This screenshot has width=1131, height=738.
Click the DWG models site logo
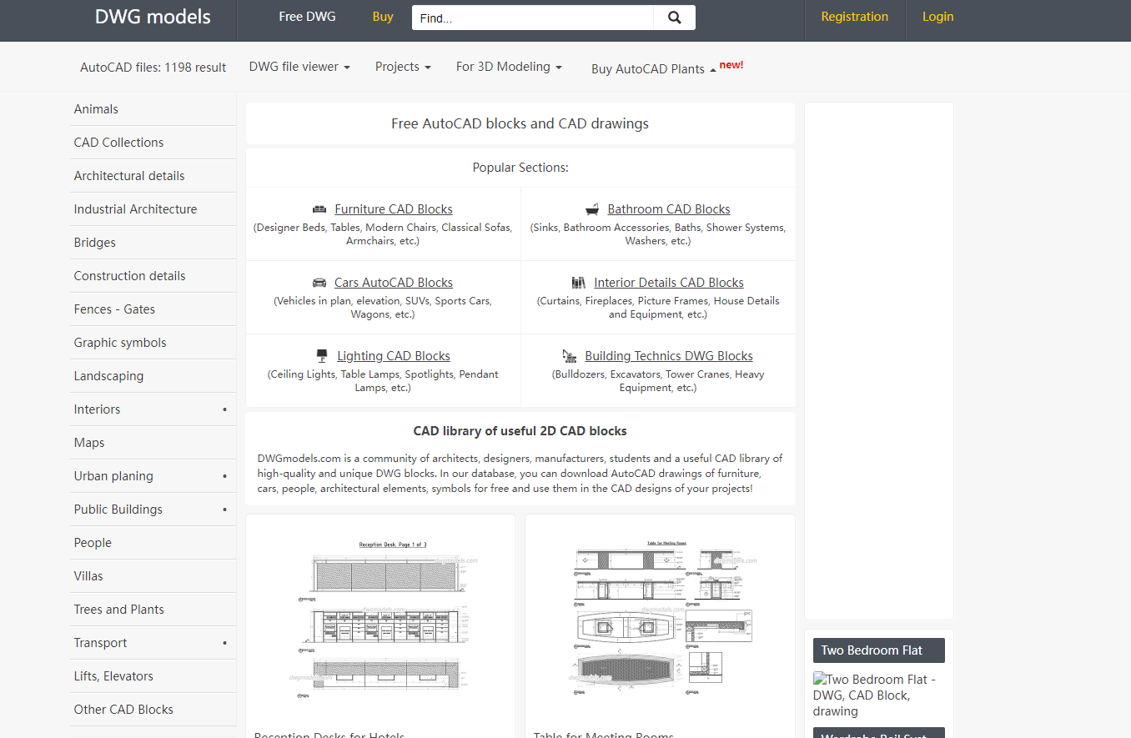click(x=153, y=18)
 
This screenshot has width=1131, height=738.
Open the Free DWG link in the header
click(x=307, y=17)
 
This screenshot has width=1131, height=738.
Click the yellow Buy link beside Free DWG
click(x=383, y=17)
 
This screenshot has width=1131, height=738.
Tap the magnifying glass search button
click(x=674, y=18)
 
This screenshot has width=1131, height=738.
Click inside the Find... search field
click(x=532, y=18)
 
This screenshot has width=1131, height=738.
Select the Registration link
click(x=854, y=17)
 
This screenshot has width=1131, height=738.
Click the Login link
click(x=937, y=17)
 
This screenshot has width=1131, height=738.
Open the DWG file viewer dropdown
click(x=299, y=67)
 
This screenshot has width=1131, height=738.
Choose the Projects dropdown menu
click(x=403, y=67)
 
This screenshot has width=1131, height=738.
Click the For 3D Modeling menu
click(x=509, y=67)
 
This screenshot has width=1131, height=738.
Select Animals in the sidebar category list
click(x=96, y=109)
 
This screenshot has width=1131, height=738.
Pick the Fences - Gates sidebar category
click(x=114, y=309)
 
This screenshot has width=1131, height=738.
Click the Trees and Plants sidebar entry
click(x=118, y=610)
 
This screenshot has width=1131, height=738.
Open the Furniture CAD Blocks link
click(x=394, y=209)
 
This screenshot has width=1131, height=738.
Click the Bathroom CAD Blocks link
click(x=668, y=209)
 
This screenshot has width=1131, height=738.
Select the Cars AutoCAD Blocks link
click(x=394, y=283)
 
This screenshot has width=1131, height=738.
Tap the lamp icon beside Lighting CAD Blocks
click(x=322, y=356)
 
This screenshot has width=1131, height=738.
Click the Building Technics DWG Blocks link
click(x=668, y=356)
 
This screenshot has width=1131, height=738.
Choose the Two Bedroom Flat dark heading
click(x=878, y=650)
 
